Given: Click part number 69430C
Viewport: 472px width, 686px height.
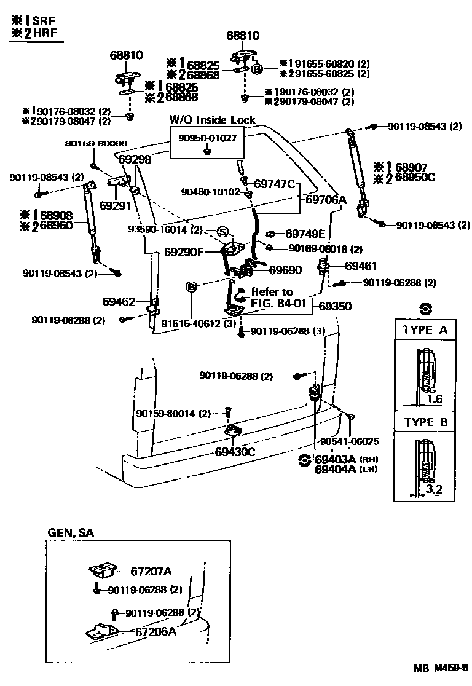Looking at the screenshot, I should pyautogui.click(x=235, y=452).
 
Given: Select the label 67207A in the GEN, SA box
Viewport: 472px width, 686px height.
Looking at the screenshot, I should pyautogui.click(x=151, y=571).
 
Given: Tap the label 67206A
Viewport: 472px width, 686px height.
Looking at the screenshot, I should pyautogui.click(x=155, y=631).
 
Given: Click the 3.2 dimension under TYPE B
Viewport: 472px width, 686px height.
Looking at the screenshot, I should pyautogui.click(x=434, y=490).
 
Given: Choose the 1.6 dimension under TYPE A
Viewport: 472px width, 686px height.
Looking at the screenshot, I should pyautogui.click(x=434, y=399).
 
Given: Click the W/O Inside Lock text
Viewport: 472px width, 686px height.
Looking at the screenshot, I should pyautogui.click(x=212, y=120).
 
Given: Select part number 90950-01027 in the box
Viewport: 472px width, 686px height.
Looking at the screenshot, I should pyautogui.click(x=207, y=138).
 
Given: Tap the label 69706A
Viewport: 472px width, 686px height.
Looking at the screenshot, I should pyautogui.click(x=326, y=200).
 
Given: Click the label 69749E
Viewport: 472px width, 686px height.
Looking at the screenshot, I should pyautogui.click(x=307, y=234).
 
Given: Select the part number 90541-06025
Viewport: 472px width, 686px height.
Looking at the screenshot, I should pyautogui.click(x=349, y=441).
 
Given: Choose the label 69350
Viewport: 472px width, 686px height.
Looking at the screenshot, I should pyautogui.click(x=336, y=306).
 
